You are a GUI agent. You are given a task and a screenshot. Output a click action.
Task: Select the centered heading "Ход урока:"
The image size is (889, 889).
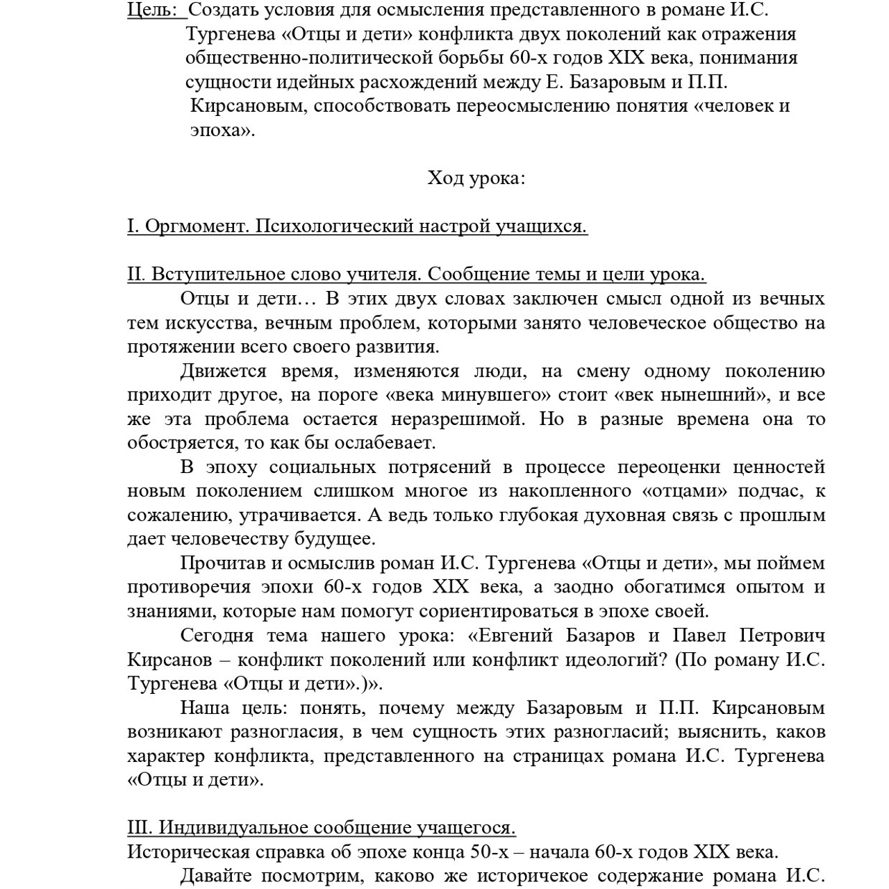tap(476, 178)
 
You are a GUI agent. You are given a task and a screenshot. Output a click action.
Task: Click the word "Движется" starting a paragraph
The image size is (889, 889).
tap(223, 371)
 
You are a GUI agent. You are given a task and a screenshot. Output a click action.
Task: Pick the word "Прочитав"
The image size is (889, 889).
tap(224, 563)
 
